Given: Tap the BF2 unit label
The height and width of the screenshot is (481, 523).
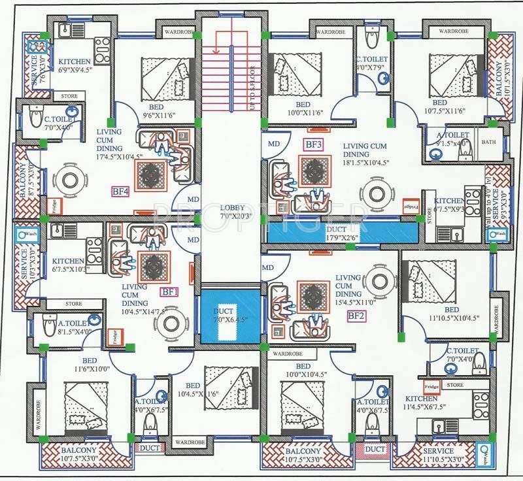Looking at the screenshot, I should (x=356, y=316).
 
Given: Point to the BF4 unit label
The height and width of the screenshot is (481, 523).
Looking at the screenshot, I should (x=120, y=191).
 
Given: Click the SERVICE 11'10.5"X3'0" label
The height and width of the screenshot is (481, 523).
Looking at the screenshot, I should (x=438, y=456).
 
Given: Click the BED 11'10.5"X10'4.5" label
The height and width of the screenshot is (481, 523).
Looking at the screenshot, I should (x=450, y=314).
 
